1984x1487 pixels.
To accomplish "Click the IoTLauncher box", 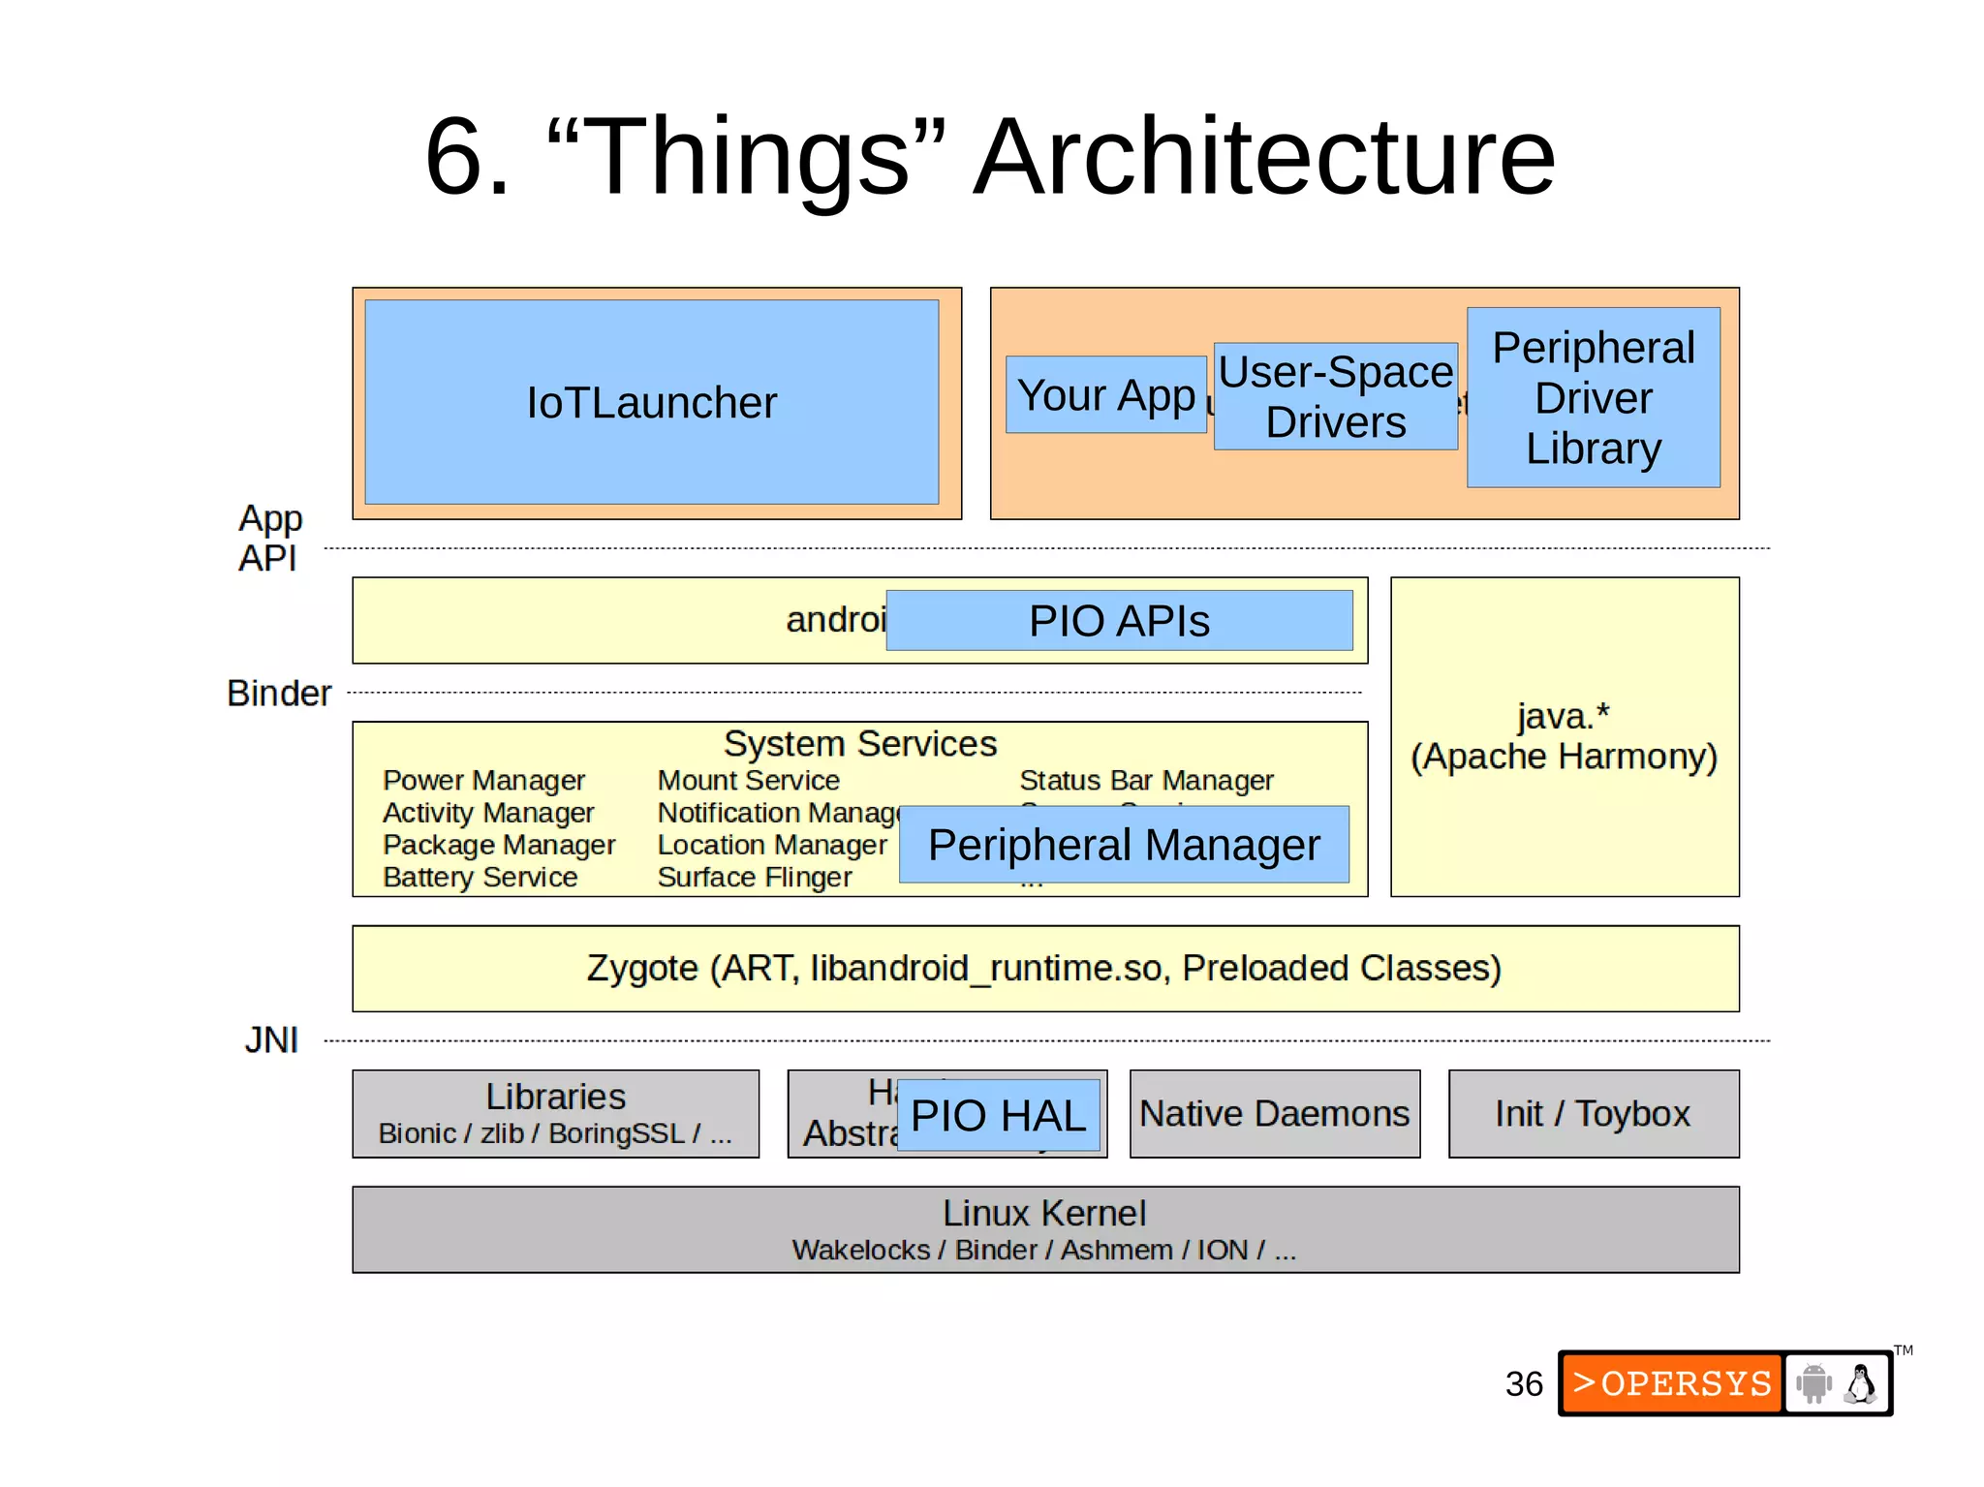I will pos(651,402).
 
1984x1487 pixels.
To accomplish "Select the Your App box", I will pos(1105,395).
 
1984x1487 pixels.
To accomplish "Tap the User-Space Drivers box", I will pos(1335,397).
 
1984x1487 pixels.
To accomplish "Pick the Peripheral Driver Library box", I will pos(1593,398).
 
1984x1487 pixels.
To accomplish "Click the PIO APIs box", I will pos(1119,621).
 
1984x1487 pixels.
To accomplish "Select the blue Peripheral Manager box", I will pos(1124,845).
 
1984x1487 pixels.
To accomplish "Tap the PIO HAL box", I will pos(998,1115).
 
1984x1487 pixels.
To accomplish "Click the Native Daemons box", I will pos(1274,1114).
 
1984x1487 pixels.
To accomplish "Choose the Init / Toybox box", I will pos(1593,1114).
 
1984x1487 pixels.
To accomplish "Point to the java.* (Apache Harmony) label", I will pos(1564,737).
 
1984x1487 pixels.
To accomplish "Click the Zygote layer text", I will pos(1043,968).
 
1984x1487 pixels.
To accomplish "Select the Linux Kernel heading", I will pos(1044,1213).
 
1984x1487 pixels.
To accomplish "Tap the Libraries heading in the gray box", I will pos(555,1097).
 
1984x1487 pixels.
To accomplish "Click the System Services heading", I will pos(859,744).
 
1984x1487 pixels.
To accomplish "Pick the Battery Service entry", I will pos(480,878).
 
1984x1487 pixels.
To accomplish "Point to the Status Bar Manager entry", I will pos(1146,781).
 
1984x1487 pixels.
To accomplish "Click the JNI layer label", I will pos(271,1040).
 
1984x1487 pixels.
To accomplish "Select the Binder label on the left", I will pos(279,694).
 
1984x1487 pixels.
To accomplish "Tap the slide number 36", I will pos(1523,1384).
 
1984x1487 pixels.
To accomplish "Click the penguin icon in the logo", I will pos(1860,1384).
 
